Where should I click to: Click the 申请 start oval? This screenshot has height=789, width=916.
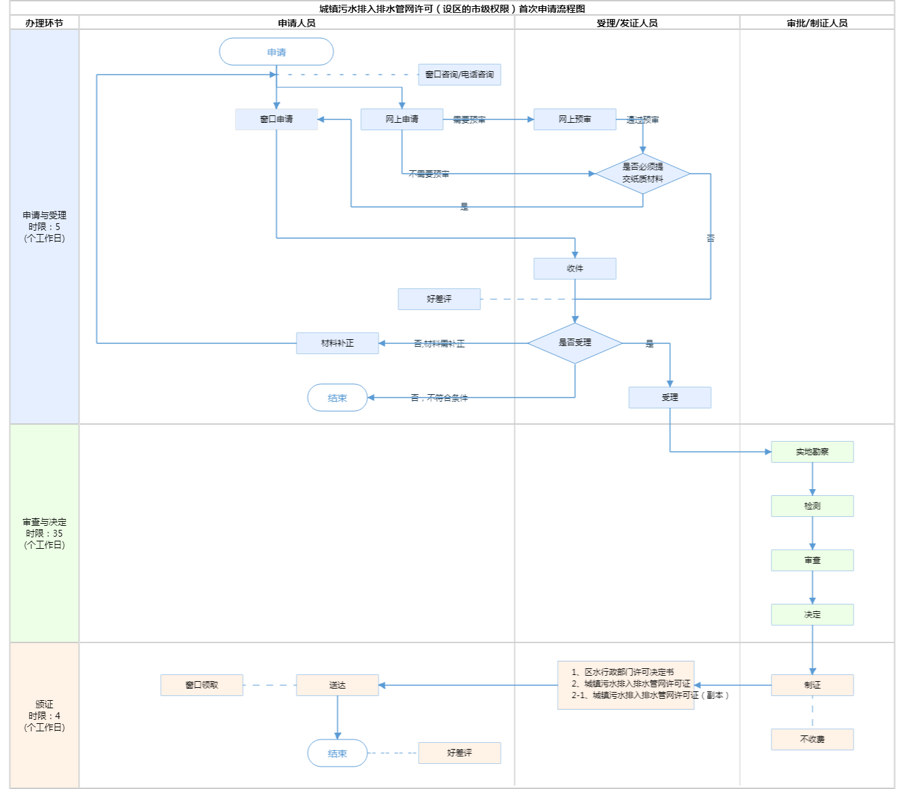pos(276,52)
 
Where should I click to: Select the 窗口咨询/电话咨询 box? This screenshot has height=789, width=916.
pos(459,75)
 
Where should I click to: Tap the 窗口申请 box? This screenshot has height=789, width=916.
pos(276,119)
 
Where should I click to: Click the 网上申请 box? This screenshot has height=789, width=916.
pos(402,119)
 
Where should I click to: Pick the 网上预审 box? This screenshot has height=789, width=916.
pos(575,119)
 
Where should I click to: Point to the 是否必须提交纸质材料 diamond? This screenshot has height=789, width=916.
pos(643,174)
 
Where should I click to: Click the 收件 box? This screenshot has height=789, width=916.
pos(575,269)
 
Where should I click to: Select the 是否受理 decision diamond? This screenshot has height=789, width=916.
pos(575,343)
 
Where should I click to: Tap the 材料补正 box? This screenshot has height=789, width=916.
pos(337,343)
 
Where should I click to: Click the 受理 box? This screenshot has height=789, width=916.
pos(670,398)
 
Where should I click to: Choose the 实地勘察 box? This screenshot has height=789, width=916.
pos(812,452)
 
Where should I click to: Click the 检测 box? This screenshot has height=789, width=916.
pos(812,506)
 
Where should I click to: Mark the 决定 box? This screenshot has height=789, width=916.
pos(812,615)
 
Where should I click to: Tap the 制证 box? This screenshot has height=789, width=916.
pos(812,685)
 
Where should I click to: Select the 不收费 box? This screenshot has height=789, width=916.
pos(812,739)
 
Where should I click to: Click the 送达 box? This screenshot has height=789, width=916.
pos(337,685)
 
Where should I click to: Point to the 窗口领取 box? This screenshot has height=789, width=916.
pos(202,685)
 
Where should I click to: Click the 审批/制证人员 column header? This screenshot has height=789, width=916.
pos(817,23)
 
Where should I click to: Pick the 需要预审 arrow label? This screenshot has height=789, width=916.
pos(469,120)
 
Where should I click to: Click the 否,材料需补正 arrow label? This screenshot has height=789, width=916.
pos(439,344)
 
